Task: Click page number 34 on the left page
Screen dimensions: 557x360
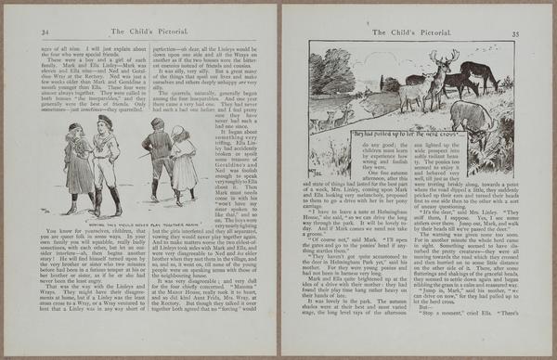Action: tap(45, 31)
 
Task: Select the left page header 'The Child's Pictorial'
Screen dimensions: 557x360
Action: tap(149, 31)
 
